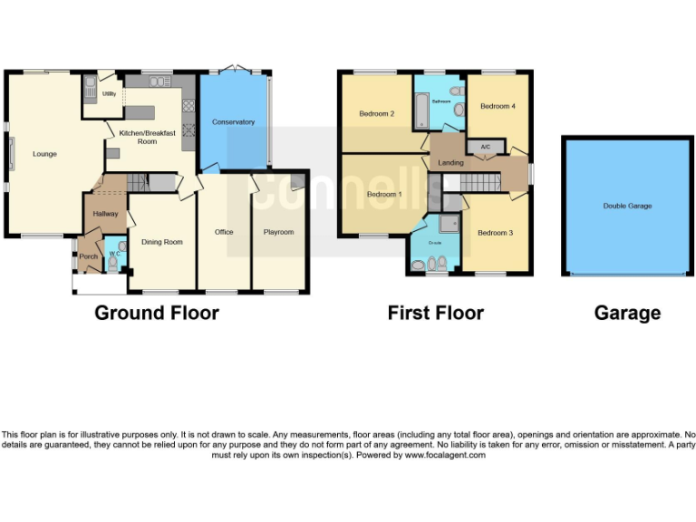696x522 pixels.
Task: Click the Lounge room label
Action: point(44,154)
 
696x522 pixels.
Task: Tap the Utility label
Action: point(108,93)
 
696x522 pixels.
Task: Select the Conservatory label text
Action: point(233,121)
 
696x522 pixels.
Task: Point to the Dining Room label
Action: point(161,242)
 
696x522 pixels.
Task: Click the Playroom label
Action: point(278,232)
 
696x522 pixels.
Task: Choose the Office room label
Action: point(224,232)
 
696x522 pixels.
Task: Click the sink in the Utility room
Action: point(90,88)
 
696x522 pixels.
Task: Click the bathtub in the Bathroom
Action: point(420,112)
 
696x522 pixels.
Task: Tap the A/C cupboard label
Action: point(485,147)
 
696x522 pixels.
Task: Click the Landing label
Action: point(450,163)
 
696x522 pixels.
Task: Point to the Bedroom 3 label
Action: point(496,233)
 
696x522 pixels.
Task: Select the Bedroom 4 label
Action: point(498,106)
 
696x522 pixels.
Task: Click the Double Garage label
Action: point(627,206)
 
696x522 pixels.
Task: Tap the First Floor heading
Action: point(435,313)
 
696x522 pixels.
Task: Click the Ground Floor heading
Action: point(157,313)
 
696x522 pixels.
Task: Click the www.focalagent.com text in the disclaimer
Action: point(445,455)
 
